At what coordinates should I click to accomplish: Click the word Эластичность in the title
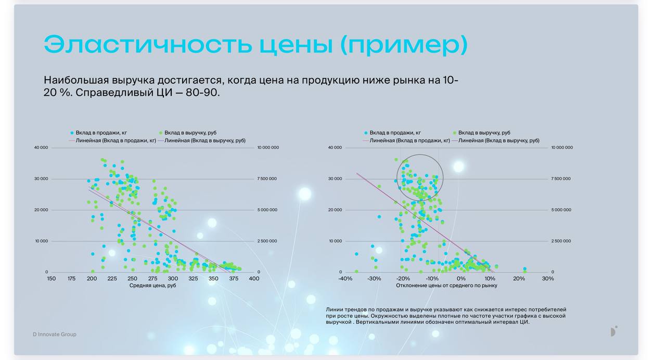point(148,44)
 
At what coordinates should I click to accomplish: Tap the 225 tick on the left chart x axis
point(112,278)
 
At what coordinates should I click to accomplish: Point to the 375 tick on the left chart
point(234,278)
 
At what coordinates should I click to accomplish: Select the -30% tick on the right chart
point(374,278)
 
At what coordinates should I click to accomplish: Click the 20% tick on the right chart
point(519,278)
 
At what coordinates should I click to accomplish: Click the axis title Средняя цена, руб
point(152,286)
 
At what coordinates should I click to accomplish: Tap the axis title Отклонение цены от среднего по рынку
point(446,286)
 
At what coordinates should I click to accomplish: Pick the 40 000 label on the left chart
point(41,147)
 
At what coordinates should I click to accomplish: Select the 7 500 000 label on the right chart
point(561,178)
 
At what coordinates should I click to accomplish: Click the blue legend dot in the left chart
point(72,133)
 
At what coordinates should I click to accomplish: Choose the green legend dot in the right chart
point(455,133)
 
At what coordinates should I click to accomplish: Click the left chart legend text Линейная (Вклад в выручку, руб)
point(205,140)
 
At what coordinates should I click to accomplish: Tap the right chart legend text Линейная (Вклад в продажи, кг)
point(409,140)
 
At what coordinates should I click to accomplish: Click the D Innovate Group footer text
point(55,335)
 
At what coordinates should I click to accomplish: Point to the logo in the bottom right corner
point(614,331)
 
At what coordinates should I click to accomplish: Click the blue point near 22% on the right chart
point(525,269)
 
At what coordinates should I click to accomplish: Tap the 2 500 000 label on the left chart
point(267,241)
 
